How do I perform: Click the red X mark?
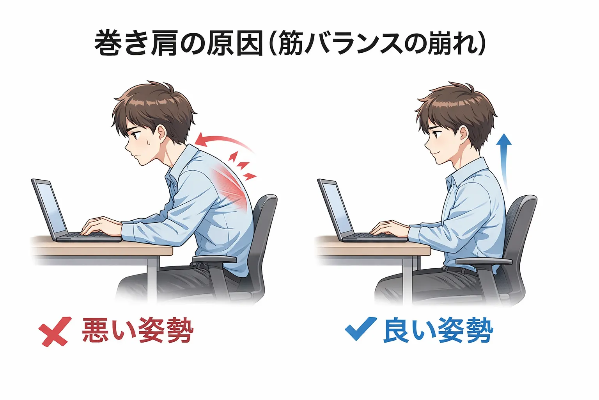(55, 331)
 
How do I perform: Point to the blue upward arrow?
(505, 160)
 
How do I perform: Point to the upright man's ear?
(463, 134)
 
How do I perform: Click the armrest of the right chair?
(484, 261)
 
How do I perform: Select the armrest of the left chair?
(214, 259)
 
